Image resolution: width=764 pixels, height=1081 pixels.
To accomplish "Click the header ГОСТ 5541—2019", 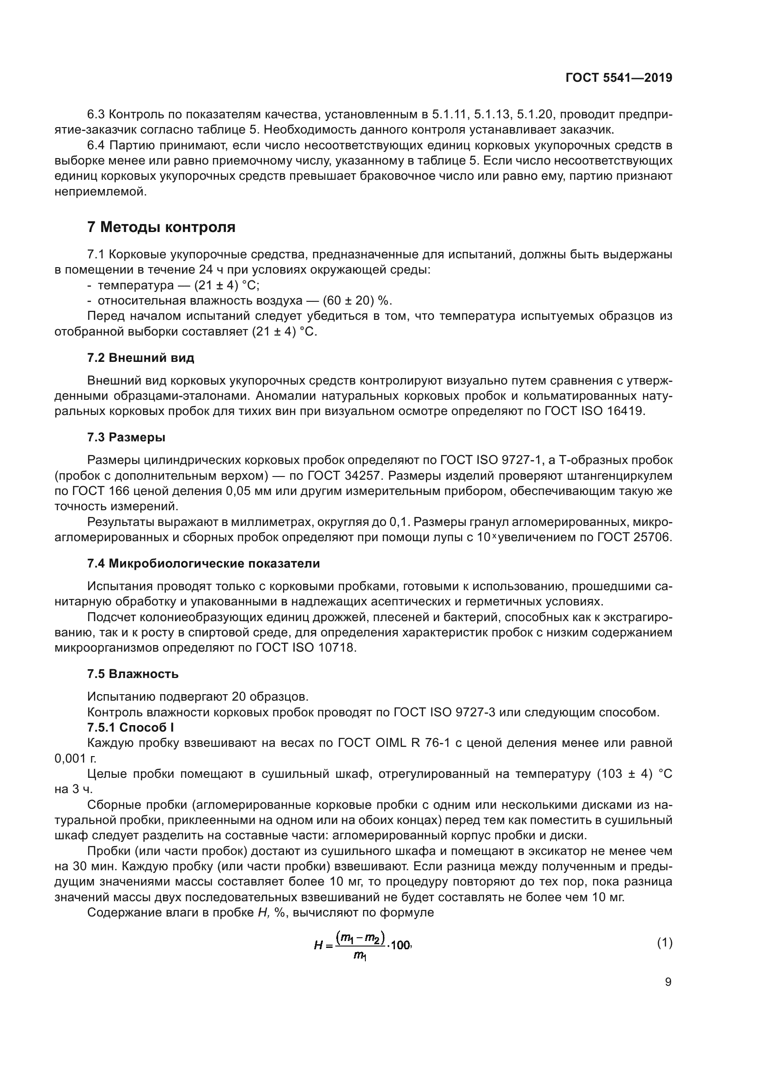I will (x=618, y=78).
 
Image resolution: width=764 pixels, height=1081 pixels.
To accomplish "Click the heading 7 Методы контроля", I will (x=161, y=227).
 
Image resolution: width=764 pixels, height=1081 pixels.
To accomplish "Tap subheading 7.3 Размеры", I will (x=126, y=437).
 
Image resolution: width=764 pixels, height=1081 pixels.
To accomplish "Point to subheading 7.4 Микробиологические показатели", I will (x=203, y=563).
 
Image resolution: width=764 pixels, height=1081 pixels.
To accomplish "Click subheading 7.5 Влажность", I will (x=133, y=674).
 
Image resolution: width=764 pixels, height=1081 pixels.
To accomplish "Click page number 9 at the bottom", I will (x=668, y=982).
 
